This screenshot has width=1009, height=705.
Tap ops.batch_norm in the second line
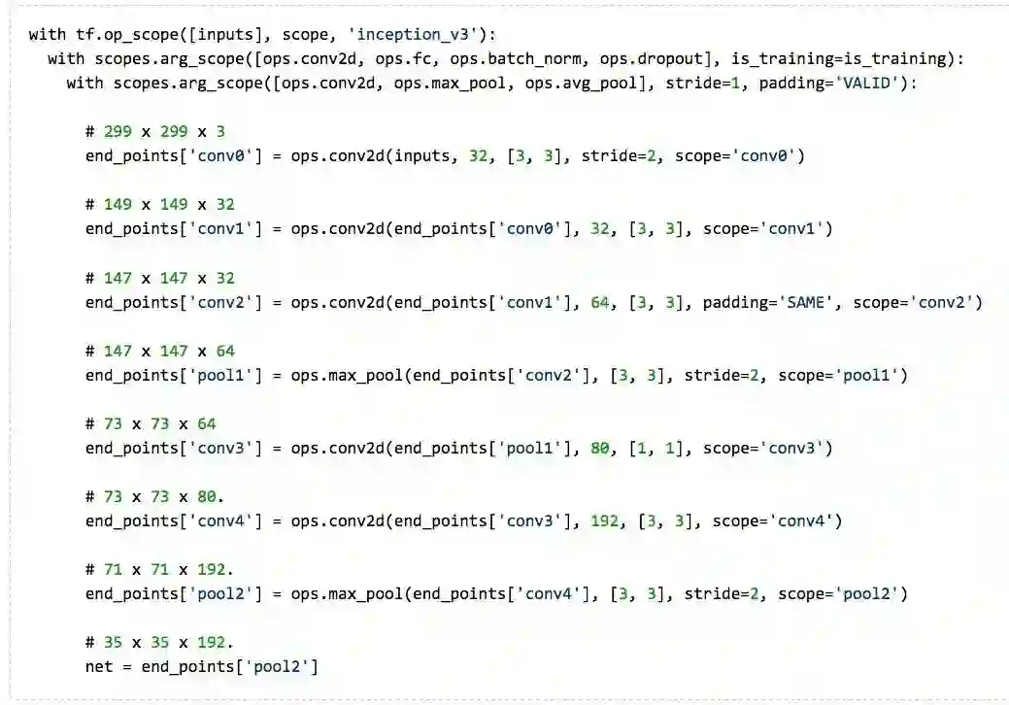(506, 59)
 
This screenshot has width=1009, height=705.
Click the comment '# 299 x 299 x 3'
(155, 131)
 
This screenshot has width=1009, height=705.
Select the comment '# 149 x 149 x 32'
(160, 204)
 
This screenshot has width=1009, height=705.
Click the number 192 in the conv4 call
(604, 520)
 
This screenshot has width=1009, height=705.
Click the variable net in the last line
(99, 666)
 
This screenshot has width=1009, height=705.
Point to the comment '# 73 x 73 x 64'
(151, 423)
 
